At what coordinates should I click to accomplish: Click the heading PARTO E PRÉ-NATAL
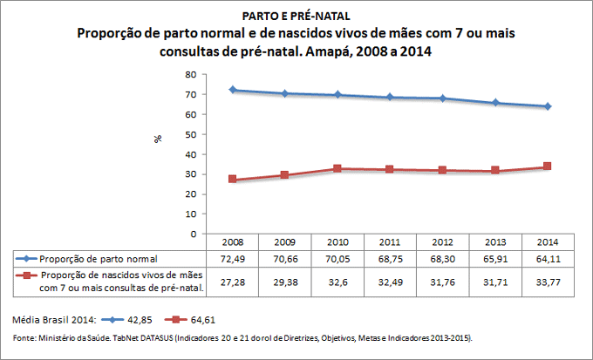tap(296, 16)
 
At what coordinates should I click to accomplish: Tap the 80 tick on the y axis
tap(190, 74)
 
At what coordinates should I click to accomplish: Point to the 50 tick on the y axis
tap(190, 134)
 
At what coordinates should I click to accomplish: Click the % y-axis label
tap(159, 139)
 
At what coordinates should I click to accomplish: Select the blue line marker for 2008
tap(233, 90)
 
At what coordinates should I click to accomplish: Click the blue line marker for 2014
tap(547, 106)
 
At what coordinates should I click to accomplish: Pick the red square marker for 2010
tap(337, 169)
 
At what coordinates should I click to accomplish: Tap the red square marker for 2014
tap(547, 166)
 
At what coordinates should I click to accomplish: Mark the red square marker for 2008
tap(233, 180)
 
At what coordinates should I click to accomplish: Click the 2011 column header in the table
tap(390, 241)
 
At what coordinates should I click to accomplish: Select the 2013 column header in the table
tap(494, 241)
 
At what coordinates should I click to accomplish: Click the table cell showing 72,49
tap(233, 259)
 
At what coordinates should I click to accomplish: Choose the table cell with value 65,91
tap(494, 259)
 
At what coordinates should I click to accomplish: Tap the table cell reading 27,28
tap(233, 282)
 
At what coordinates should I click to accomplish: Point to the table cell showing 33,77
tap(547, 282)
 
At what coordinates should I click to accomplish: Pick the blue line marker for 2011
tap(390, 98)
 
